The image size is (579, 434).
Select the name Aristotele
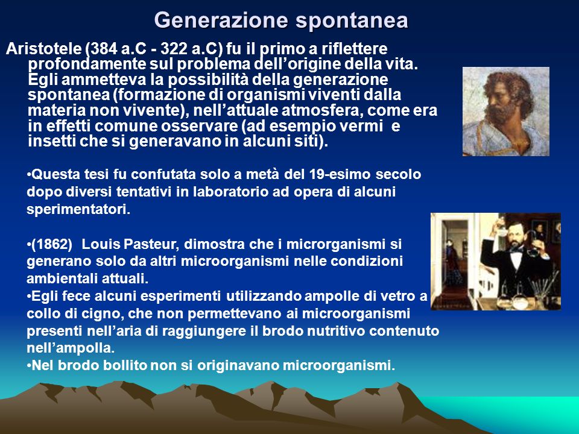click(x=43, y=49)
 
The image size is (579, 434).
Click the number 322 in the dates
click(x=174, y=49)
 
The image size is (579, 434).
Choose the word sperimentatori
click(x=78, y=210)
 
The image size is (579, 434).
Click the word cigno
click(x=109, y=314)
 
